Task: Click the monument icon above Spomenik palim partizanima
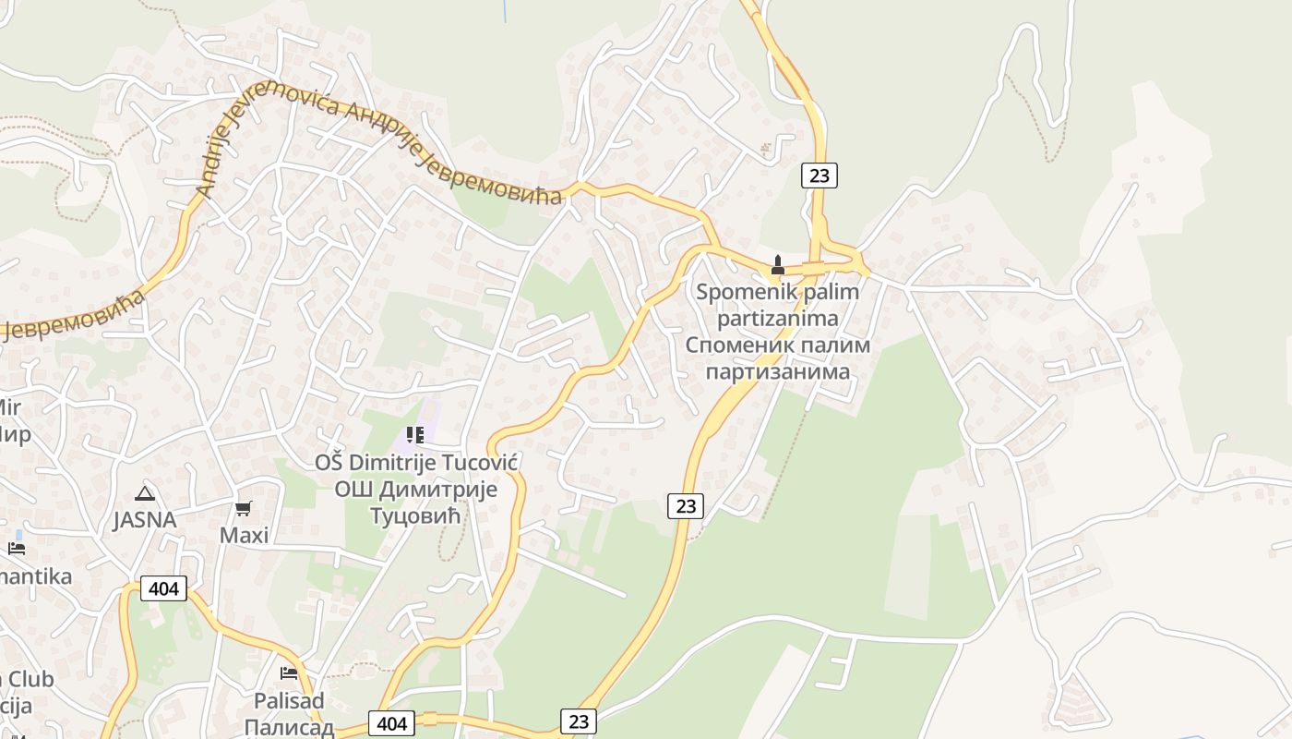pos(777,266)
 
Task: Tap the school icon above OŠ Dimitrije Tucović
pos(414,434)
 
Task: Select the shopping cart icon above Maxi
pos(244,508)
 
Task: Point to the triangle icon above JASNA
pos(144,493)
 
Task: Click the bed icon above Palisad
pos(289,672)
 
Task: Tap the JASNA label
pos(145,520)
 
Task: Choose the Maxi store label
pos(244,536)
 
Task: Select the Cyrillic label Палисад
pos(290,727)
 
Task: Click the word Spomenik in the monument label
pos(736,293)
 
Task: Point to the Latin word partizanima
pos(777,319)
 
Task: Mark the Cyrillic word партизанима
pos(777,372)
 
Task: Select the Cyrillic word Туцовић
pos(414,515)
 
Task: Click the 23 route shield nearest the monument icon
pos(819,175)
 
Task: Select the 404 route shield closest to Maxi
pos(163,588)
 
